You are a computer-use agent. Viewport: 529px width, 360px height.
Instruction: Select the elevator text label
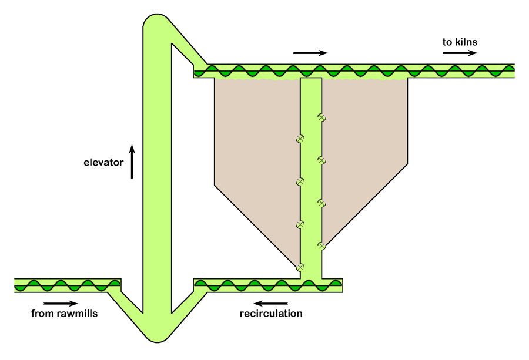(x=103, y=162)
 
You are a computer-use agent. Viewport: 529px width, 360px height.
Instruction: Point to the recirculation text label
(x=271, y=314)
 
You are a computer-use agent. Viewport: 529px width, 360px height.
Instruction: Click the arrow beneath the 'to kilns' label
(x=460, y=53)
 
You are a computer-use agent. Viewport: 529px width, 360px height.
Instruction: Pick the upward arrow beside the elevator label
(x=132, y=161)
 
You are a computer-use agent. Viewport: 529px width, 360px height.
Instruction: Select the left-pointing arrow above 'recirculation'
(x=271, y=304)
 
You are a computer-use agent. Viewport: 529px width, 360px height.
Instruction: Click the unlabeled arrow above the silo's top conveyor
(x=310, y=53)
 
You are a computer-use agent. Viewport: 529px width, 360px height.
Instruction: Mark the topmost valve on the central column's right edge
(x=322, y=117)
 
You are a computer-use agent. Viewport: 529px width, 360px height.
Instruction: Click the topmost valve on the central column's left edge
(x=300, y=139)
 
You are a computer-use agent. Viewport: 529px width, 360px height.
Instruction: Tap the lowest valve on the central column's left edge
(x=300, y=267)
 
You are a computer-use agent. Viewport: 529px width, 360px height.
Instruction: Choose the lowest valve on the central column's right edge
(x=322, y=245)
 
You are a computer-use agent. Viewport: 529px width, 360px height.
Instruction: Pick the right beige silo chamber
(x=364, y=135)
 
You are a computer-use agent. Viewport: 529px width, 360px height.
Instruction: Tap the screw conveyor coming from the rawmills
(x=65, y=285)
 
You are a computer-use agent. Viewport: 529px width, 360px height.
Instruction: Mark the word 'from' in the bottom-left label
(x=42, y=314)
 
